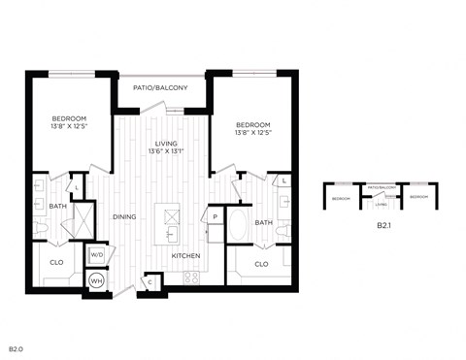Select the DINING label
123,216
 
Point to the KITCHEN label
186,255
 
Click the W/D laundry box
97,255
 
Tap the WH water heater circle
96,280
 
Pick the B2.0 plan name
16,346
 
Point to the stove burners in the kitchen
192,277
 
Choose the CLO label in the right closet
261,263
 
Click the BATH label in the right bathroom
263,222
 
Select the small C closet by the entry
150,281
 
